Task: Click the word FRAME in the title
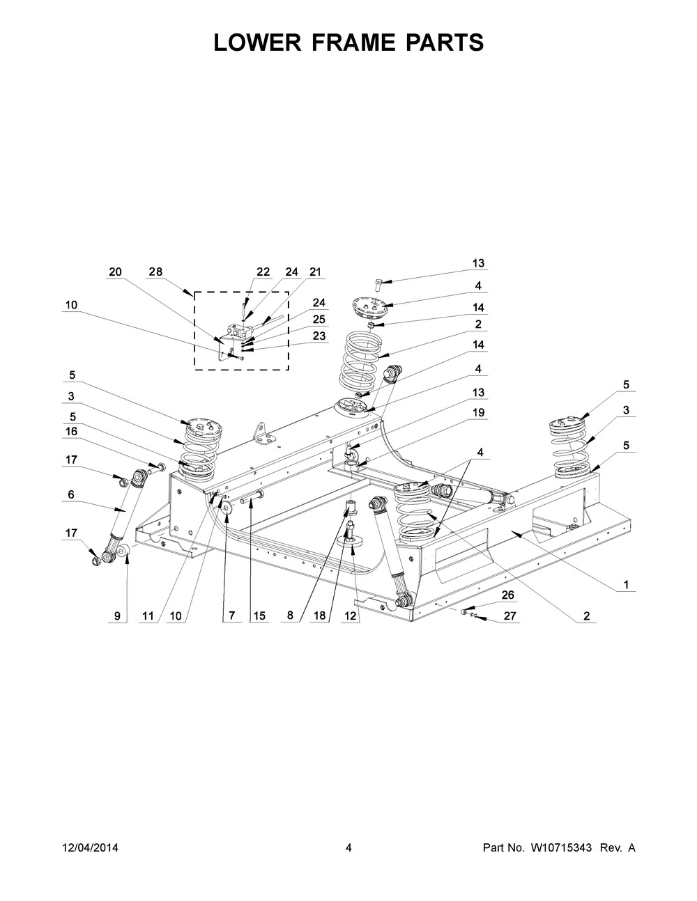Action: [x=348, y=42]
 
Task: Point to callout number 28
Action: [x=156, y=272]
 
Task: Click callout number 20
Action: [x=115, y=272]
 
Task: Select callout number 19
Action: [x=478, y=413]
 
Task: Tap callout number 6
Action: [x=71, y=494]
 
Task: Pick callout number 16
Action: [x=71, y=432]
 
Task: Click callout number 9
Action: [x=117, y=616]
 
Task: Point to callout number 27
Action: [x=510, y=616]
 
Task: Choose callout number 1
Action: [x=626, y=585]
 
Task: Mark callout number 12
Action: [x=350, y=616]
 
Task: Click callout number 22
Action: [x=263, y=272]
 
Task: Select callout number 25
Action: [x=319, y=320]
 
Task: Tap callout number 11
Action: [x=148, y=616]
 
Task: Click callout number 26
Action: [x=508, y=595]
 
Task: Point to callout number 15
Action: [x=259, y=616]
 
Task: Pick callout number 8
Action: [x=290, y=616]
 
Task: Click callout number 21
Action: [x=315, y=272]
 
